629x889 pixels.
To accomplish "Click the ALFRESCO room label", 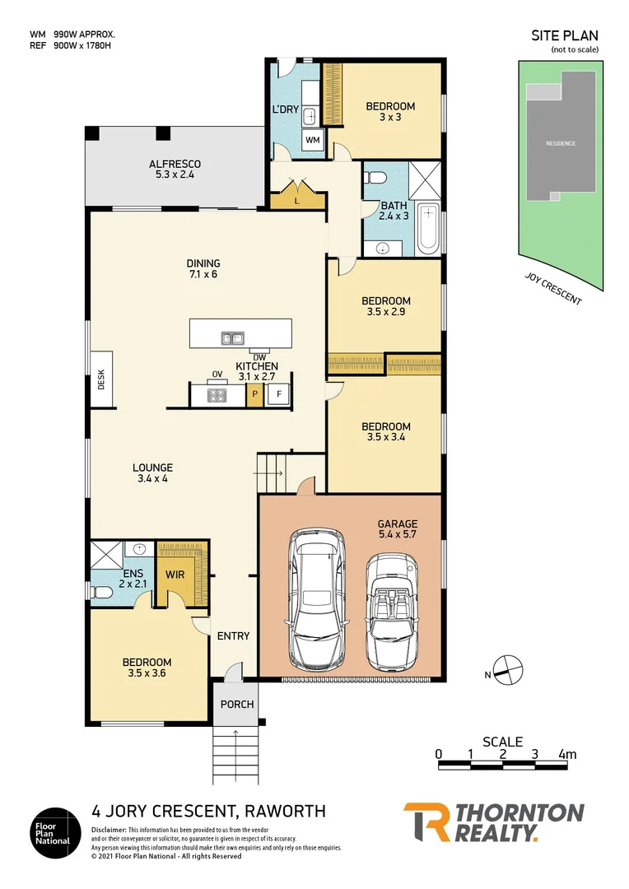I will click(x=175, y=164).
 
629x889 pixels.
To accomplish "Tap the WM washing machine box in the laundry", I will click(x=313, y=141).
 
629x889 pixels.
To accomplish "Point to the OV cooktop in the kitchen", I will click(x=217, y=393).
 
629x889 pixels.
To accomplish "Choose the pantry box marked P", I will click(x=255, y=395).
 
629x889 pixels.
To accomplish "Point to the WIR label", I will click(x=175, y=575).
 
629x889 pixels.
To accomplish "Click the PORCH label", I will click(x=237, y=704).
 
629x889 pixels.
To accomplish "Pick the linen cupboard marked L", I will click(x=296, y=200).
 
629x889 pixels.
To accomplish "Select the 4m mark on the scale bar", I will click(x=566, y=754).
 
